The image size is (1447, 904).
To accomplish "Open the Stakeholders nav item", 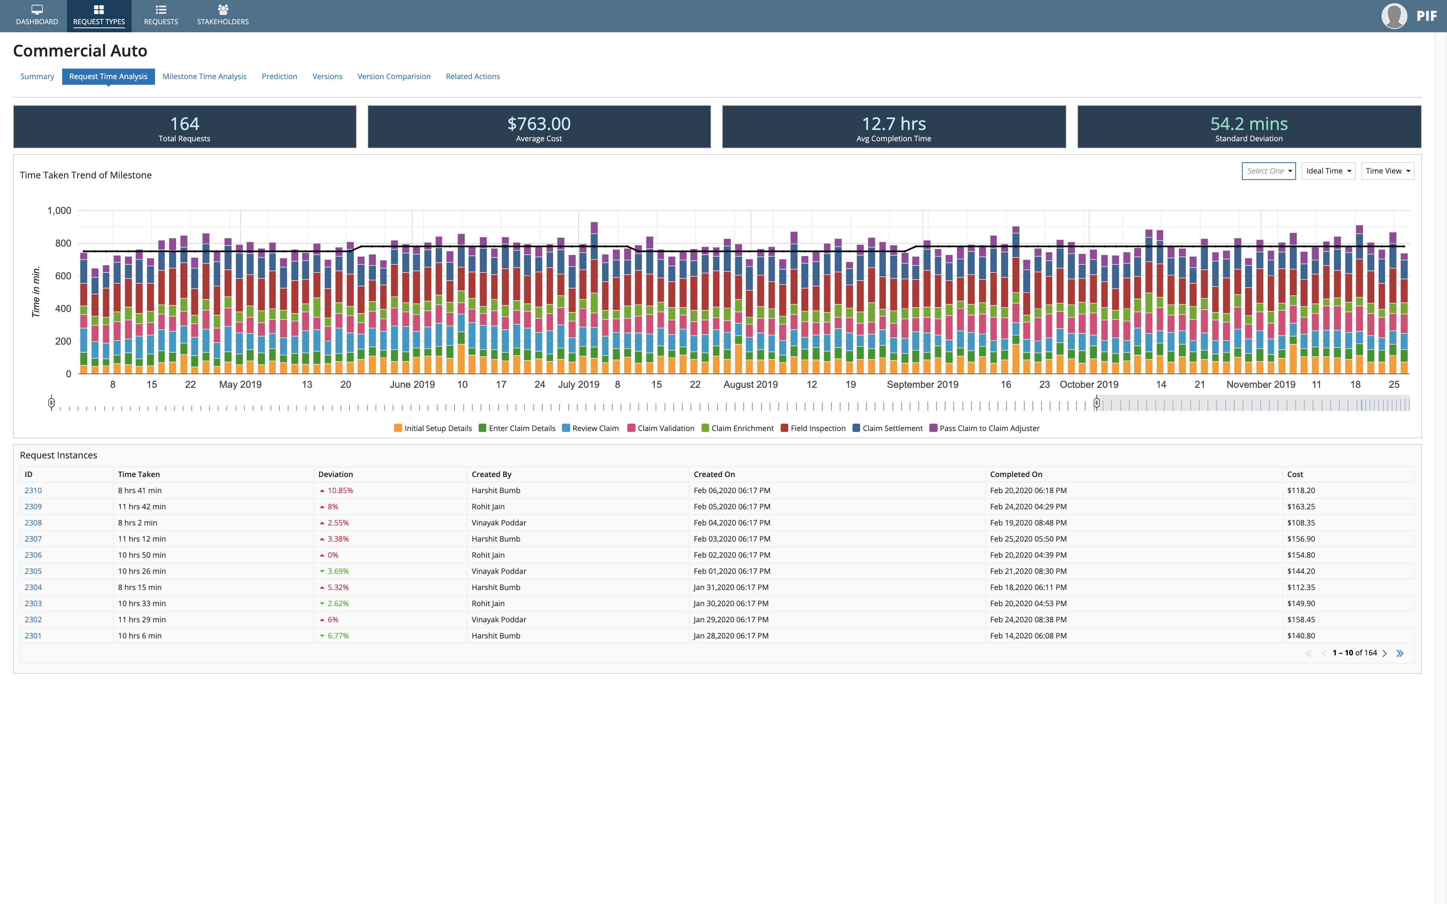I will [x=222, y=15].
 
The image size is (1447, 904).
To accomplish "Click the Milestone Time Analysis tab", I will [x=204, y=77].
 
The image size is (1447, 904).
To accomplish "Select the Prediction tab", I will [x=279, y=77].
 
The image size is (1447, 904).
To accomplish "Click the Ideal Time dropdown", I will [x=1328, y=171].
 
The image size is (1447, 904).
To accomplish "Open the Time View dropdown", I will [x=1387, y=171].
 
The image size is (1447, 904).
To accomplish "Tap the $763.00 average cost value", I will [x=539, y=124].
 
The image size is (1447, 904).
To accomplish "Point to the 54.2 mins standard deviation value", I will [x=1248, y=124].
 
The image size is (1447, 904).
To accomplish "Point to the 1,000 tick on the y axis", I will [x=59, y=210].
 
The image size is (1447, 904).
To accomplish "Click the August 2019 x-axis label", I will [x=751, y=385].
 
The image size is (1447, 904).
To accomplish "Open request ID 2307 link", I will [x=33, y=539].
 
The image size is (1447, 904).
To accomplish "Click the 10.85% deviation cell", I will [x=340, y=490].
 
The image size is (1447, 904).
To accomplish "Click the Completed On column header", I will [x=1016, y=474].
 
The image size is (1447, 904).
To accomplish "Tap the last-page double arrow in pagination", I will [x=1400, y=653].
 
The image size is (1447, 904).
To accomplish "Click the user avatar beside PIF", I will [x=1394, y=16].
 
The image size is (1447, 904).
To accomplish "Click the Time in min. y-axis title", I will [x=36, y=292].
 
